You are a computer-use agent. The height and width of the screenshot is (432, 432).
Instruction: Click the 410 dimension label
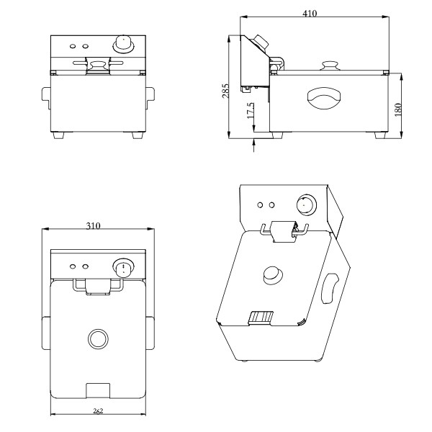pos(310,13)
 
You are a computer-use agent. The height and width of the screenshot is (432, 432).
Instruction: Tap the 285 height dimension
pos(225,91)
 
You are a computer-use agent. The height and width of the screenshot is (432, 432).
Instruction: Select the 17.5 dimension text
pos(251,111)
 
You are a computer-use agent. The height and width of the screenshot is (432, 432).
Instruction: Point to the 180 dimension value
pos(398,109)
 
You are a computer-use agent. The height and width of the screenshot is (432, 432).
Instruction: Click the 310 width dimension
pos(93,226)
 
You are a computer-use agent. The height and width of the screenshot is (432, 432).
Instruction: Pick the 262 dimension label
pos(98,411)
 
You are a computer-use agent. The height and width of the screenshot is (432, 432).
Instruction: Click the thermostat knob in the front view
pos(123,44)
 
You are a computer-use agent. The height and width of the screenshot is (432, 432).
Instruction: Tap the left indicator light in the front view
pos(73,46)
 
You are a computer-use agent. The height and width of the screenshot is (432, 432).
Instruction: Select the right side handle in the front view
pos(150,98)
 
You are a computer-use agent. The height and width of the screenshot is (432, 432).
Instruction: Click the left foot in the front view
pos(58,135)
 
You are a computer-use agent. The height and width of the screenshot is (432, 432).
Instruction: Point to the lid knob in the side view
pos(330,66)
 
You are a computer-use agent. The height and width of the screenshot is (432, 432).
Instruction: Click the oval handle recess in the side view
pos(324,99)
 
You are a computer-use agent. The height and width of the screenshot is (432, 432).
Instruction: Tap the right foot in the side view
pos(380,135)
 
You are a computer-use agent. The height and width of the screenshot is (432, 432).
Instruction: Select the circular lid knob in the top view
pos(98,338)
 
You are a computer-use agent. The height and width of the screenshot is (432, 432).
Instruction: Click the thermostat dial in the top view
pos(123,268)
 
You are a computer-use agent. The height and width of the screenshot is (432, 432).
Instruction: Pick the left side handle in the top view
pos(46,333)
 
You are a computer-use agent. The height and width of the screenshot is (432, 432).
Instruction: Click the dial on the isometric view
pos(307,205)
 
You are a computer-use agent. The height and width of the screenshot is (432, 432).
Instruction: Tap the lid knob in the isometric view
pos(273,275)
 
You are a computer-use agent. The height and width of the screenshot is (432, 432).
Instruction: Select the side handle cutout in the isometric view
pos(330,289)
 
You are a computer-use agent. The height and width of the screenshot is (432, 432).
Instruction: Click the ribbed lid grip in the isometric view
pos(261,318)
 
